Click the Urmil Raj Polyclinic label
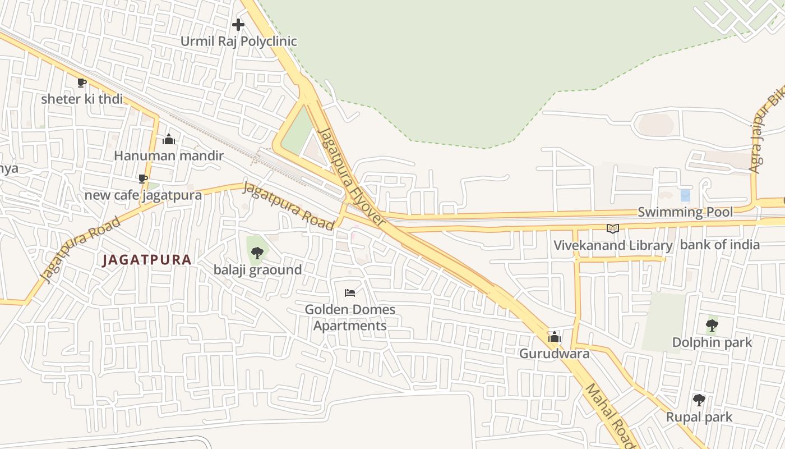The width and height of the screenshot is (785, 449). point(238,41)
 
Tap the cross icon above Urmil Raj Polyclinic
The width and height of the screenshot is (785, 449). point(238,25)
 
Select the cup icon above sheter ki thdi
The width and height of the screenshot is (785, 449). point(82,83)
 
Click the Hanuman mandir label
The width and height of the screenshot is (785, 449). point(169,155)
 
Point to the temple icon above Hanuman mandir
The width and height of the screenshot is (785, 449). point(169,139)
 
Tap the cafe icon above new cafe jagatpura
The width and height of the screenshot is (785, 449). point(143,178)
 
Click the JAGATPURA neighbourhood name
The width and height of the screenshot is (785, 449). point(147,260)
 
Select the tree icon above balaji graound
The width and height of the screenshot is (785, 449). point(257,253)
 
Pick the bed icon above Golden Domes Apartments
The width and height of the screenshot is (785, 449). point(350,292)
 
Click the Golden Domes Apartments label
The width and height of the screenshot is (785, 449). point(350,318)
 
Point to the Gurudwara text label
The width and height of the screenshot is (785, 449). point(554,354)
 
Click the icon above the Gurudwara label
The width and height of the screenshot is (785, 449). point(555,337)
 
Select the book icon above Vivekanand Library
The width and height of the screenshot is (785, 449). point(613,228)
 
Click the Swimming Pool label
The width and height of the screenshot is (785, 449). point(685,212)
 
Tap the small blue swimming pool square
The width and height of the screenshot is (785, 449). point(685,195)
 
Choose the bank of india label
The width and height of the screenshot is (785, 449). point(720,245)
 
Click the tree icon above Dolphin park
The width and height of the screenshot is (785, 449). point(712,325)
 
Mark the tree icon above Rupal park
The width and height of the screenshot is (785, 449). point(699,400)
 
